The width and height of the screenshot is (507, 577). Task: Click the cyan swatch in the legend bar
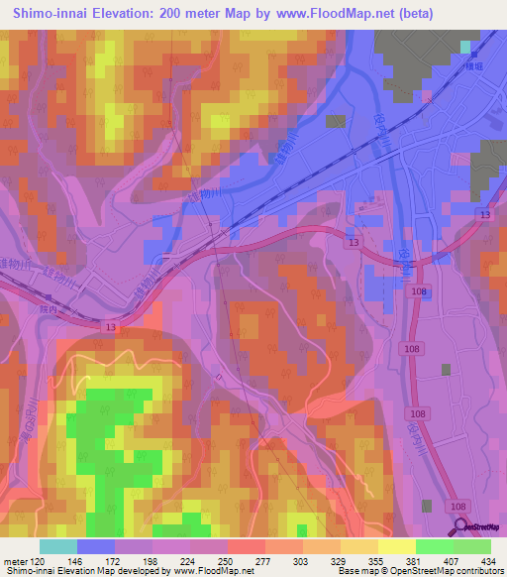pos(58,546)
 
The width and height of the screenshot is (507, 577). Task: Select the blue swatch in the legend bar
pos(96,546)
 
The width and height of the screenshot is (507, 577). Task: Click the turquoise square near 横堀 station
pos(465,46)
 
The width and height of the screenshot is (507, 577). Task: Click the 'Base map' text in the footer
pos(357,571)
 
